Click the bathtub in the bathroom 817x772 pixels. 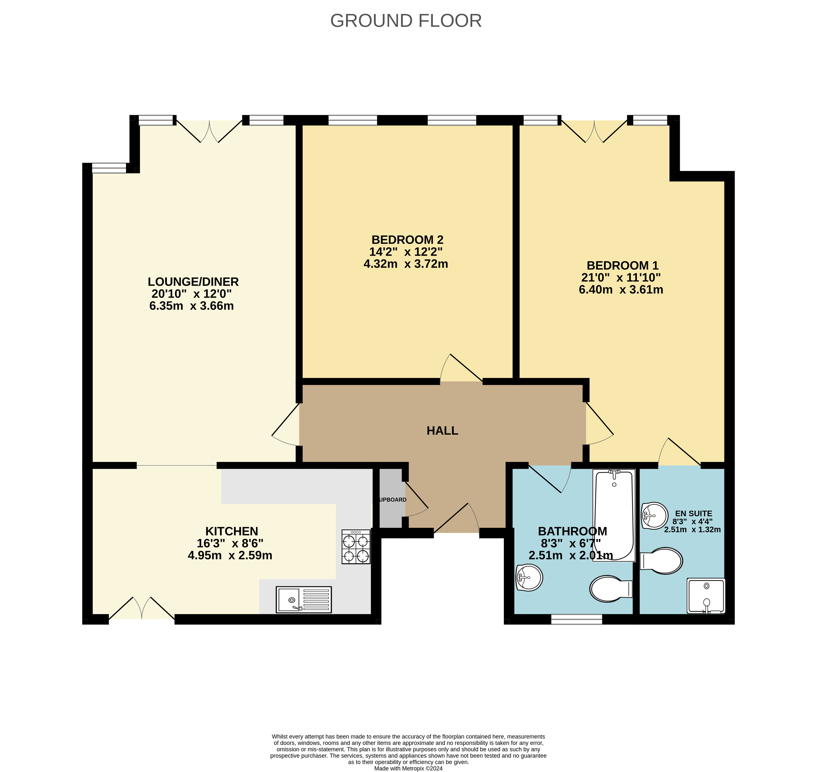[614, 515]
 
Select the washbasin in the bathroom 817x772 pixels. [529, 577]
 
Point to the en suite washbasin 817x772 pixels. [654, 516]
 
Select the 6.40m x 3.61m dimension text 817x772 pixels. [621, 290]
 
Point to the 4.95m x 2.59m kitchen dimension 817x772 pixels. [230, 556]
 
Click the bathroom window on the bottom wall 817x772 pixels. [576, 619]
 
